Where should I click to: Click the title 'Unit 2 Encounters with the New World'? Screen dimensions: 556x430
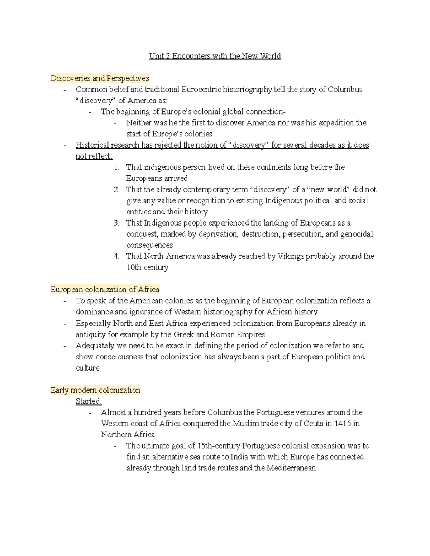[215, 56]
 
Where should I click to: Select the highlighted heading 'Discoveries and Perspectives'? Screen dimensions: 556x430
[100, 78]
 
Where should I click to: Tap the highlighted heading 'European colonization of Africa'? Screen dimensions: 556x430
[105, 289]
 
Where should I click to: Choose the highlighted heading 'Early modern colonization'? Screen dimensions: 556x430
[95, 390]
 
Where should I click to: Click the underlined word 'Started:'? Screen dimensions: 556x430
[89, 401]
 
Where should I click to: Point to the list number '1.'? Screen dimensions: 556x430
[116, 167]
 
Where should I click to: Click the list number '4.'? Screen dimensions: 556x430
[116, 256]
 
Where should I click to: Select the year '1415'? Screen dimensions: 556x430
[343, 424]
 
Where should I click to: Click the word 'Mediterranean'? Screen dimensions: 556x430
[291, 468]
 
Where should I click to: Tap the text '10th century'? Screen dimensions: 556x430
[147, 267]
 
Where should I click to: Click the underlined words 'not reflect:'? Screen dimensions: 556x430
[94, 156]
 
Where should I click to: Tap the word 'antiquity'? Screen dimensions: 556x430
[90, 334]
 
